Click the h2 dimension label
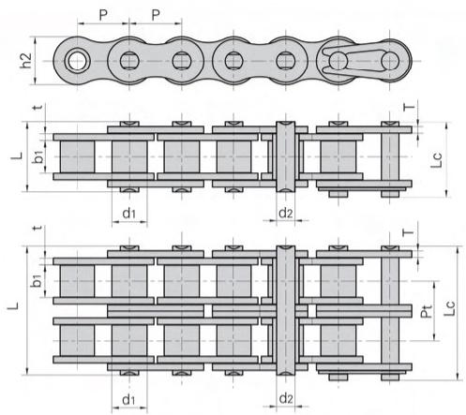26,61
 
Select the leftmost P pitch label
103,15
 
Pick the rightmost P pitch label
156,15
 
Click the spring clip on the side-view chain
353,61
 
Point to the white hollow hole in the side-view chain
77,61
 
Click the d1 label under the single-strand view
129,214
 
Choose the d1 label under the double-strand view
128,399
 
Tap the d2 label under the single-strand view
286,213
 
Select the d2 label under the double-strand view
286,399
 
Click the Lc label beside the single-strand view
437,160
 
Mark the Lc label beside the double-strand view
450,308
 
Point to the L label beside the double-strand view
13,306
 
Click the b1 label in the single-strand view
38,156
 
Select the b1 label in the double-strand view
38,280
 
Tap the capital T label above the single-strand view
409,107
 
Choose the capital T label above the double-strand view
408,232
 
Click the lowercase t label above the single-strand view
38,107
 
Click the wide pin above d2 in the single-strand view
286,156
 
